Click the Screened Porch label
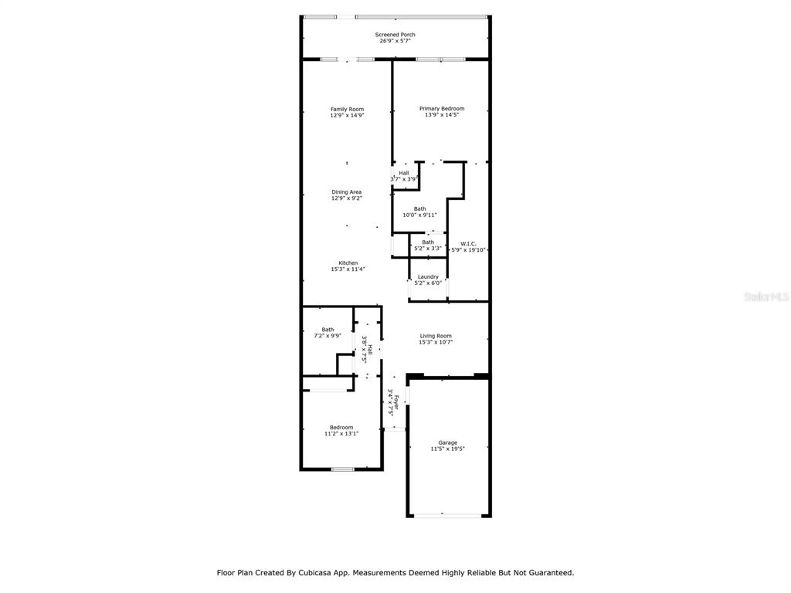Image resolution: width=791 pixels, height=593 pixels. (395, 35)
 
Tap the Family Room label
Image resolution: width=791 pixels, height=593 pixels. (347, 109)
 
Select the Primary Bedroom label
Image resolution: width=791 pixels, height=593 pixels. (442, 108)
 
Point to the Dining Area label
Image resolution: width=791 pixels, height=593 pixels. (347, 192)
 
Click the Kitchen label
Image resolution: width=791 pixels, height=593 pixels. (348, 263)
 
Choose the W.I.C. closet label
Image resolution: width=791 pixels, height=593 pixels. (468, 244)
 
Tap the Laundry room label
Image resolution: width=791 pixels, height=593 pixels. (428, 277)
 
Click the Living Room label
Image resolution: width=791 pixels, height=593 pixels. (436, 336)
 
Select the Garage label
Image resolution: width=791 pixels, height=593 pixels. (447, 442)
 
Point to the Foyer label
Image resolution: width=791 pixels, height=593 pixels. (396, 402)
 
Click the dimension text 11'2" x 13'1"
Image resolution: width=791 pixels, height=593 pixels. (341, 434)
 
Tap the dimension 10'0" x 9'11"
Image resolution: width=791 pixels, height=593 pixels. (419, 215)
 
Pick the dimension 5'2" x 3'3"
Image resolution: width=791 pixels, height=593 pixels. (428, 249)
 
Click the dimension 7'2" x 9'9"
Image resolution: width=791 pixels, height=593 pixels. (328, 336)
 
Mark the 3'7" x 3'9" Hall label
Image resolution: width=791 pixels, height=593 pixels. (403, 176)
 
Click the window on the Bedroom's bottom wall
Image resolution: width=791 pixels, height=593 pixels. (342, 469)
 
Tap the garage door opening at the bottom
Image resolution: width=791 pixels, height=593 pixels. (447, 515)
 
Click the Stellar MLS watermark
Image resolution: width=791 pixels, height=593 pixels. (767, 296)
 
